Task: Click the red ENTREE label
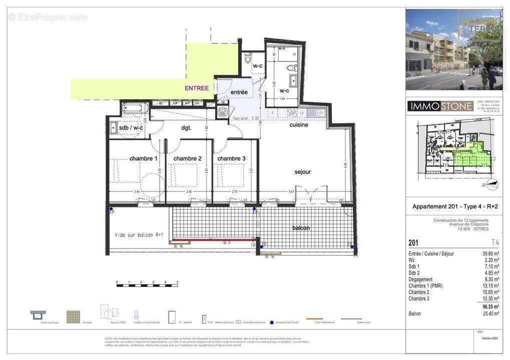pyautogui.click(x=197, y=88)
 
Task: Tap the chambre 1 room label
pyautogui.click(x=144, y=158)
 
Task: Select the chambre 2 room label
pyautogui.click(x=188, y=158)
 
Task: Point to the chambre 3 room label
pyautogui.click(x=231, y=158)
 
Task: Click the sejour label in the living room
pyautogui.click(x=302, y=171)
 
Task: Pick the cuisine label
pyautogui.click(x=299, y=124)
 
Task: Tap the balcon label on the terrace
pyautogui.click(x=301, y=228)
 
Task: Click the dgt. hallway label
pyautogui.click(x=186, y=128)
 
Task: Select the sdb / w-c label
pyautogui.click(x=131, y=128)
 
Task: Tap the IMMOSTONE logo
pyautogui.click(x=440, y=106)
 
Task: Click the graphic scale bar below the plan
pyautogui.click(x=147, y=285)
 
